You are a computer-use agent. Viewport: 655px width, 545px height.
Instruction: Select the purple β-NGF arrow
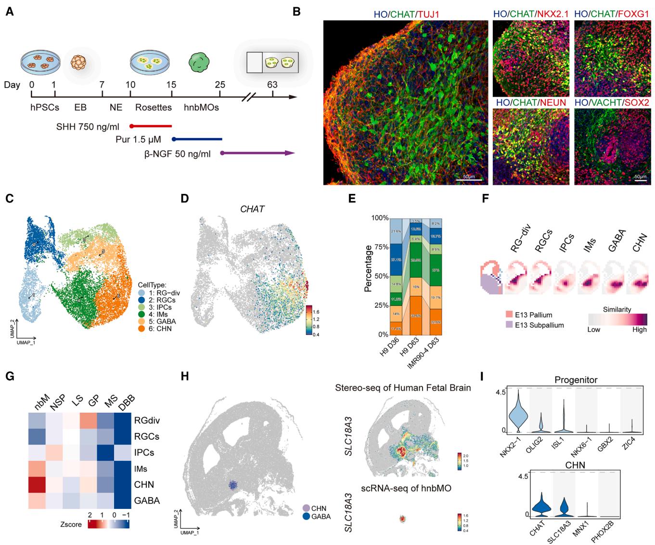[257, 153]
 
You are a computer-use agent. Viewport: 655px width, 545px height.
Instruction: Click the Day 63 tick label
[272, 85]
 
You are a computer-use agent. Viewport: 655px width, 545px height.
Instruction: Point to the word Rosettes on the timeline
[154, 107]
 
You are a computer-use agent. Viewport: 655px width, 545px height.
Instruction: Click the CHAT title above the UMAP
[253, 209]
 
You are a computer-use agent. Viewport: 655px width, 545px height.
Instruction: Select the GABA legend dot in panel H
[306, 517]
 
